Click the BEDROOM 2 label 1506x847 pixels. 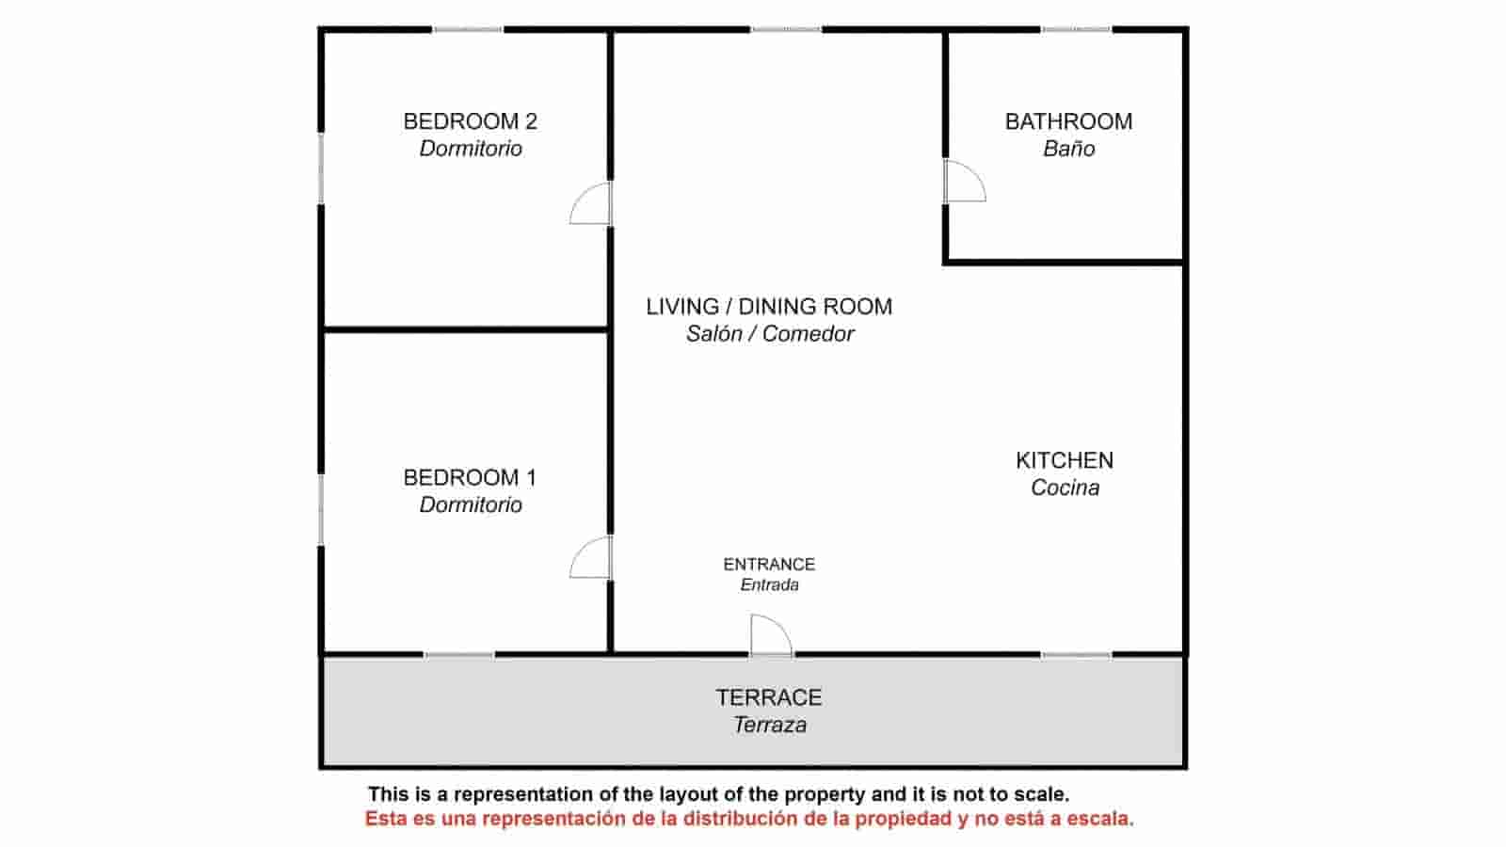click(470, 121)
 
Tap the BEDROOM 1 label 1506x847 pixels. click(470, 477)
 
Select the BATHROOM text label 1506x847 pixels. click(1068, 121)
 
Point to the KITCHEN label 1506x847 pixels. click(1065, 460)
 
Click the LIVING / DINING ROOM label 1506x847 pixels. click(769, 307)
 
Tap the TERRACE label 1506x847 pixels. click(768, 697)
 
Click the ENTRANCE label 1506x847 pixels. click(769, 564)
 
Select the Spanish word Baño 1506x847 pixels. click(1069, 149)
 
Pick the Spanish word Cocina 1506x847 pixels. click(1065, 487)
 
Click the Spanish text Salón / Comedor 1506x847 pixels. click(770, 333)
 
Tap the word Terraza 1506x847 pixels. click(770, 725)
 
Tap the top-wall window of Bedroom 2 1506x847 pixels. click(467, 29)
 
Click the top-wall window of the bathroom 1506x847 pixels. click(1077, 29)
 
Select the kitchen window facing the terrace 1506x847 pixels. click(1077, 655)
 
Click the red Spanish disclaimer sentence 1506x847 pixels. click(749, 819)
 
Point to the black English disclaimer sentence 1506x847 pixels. click(718, 794)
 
